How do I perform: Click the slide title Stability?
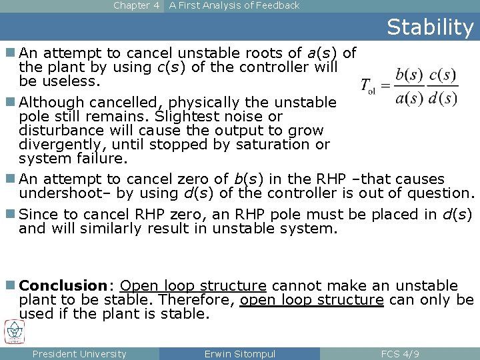click(430, 27)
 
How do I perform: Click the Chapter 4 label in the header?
click(136, 5)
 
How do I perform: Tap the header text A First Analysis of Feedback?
click(234, 5)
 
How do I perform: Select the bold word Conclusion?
click(63, 286)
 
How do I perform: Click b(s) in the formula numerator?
click(409, 75)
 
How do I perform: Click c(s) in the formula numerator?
click(443, 75)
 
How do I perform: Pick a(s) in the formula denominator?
click(409, 98)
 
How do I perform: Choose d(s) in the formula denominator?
click(443, 98)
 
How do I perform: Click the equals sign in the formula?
click(385, 86)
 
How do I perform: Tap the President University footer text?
click(79, 354)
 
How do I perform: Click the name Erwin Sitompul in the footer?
click(239, 354)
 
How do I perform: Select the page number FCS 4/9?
click(399, 354)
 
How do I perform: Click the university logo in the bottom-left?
click(15, 331)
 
